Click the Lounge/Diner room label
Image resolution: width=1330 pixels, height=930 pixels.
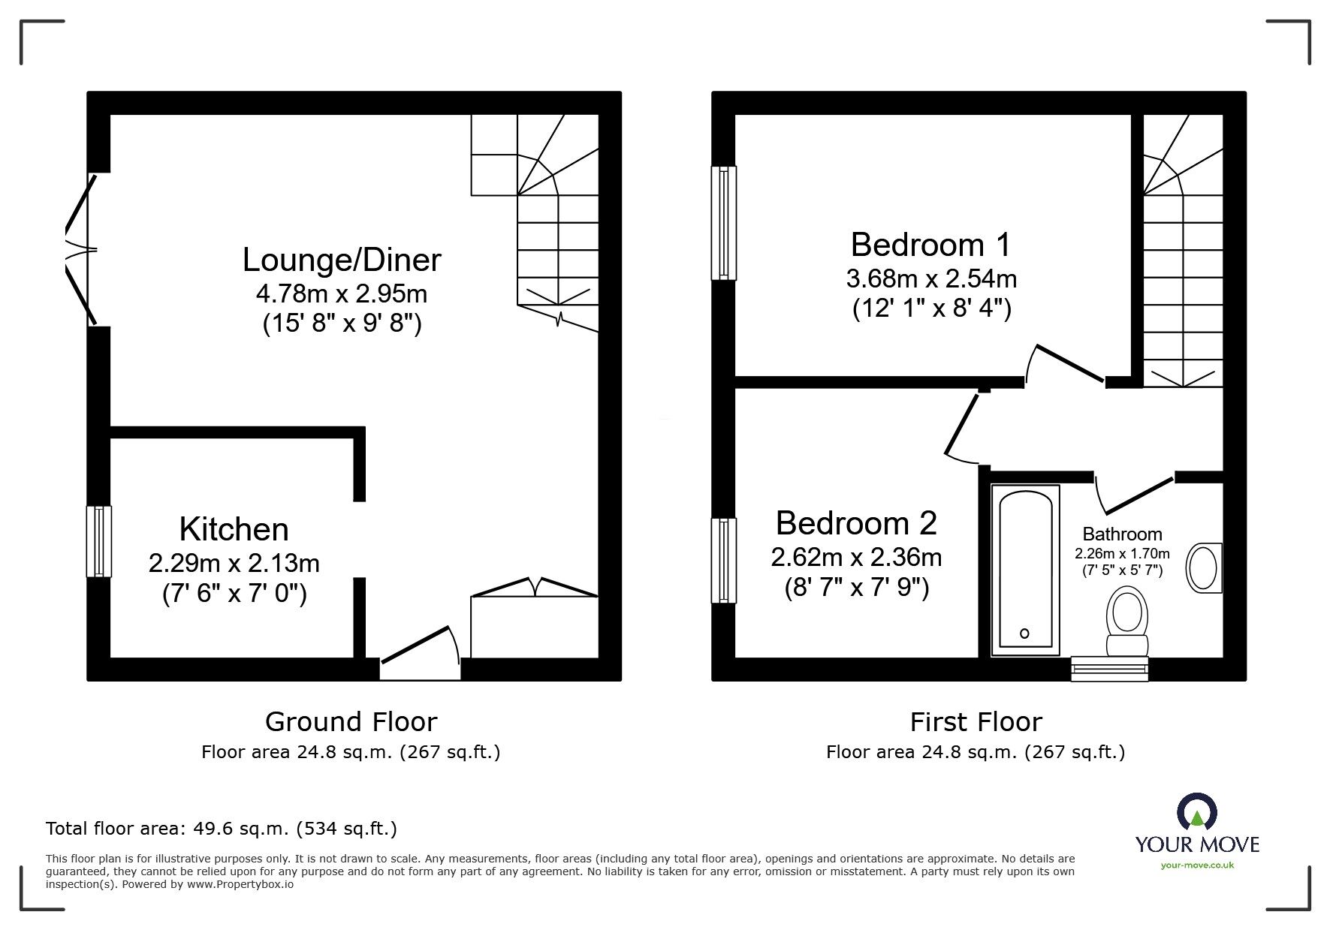(x=342, y=260)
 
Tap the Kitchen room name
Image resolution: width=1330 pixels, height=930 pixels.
(x=234, y=530)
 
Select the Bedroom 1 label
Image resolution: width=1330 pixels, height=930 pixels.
(x=931, y=245)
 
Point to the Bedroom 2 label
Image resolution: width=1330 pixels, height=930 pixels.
(x=856, y=523)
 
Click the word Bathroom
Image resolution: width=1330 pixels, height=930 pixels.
(x=1122, y=534)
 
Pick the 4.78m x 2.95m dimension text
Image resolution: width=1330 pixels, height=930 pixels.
(x=342, y=293)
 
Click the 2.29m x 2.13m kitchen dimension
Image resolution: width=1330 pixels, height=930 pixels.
(x=234, y=563)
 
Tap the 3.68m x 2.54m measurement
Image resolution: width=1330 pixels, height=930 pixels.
(x=931, y=278)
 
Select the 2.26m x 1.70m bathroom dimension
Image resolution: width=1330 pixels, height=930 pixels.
(x=1122, y=554)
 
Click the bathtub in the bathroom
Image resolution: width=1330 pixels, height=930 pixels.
(x=1025, y=570)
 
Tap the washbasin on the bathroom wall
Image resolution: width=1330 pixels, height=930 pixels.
(x=1204, y=568)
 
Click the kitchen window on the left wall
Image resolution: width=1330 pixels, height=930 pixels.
(x=99, y=541)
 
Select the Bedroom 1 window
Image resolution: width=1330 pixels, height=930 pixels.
(x=724, y=222)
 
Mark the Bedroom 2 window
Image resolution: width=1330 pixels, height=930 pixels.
(x=724, y=561)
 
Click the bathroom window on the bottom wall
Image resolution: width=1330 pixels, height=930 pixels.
(x=1109, y=669)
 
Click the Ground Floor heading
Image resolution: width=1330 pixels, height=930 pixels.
(x=351, y=722)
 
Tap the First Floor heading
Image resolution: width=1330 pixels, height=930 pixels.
(x=976, y=722)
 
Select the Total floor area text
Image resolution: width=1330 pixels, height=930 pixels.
(x=222, y=829)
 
